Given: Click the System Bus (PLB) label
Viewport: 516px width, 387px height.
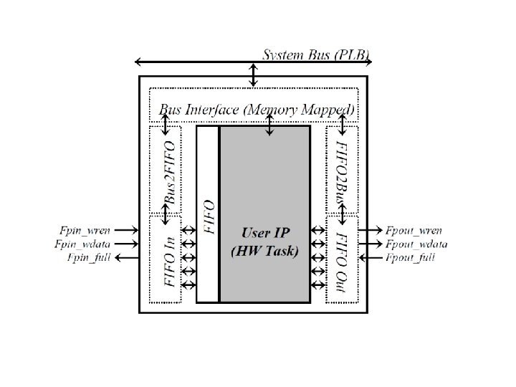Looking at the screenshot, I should pyautogui.click(x=316, y=54).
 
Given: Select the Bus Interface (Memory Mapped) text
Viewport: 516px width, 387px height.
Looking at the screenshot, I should pyautogui.click(x=257, y=110).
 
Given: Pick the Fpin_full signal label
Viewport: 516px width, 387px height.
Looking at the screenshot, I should pyautogui.click(x=89, y=257).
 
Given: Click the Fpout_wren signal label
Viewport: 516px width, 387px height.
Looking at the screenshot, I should pyautogui.click(x=414, y=231).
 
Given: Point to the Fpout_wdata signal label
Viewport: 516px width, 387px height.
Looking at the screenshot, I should pyautogui.click(x=416, y=244).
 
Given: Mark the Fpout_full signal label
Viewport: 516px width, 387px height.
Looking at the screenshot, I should pyautogui.click(x=410, y=257).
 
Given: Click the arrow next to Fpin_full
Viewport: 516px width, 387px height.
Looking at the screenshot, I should pyautogui.click(x=126, y=257).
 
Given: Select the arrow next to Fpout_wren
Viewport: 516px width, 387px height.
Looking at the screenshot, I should pyautogui.click(x=370, y=231).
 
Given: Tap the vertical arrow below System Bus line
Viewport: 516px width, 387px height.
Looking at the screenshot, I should pyautogui.click(x=253, y=74).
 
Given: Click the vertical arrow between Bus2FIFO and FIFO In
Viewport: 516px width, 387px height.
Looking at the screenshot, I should pyautogui.click(x=166, y=213).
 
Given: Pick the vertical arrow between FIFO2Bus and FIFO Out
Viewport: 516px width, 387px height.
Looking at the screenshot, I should pyautogui.click(x=343, y=213).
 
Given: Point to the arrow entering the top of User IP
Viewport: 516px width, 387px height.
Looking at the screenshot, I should pyautogui.click(x=269, y=124).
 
